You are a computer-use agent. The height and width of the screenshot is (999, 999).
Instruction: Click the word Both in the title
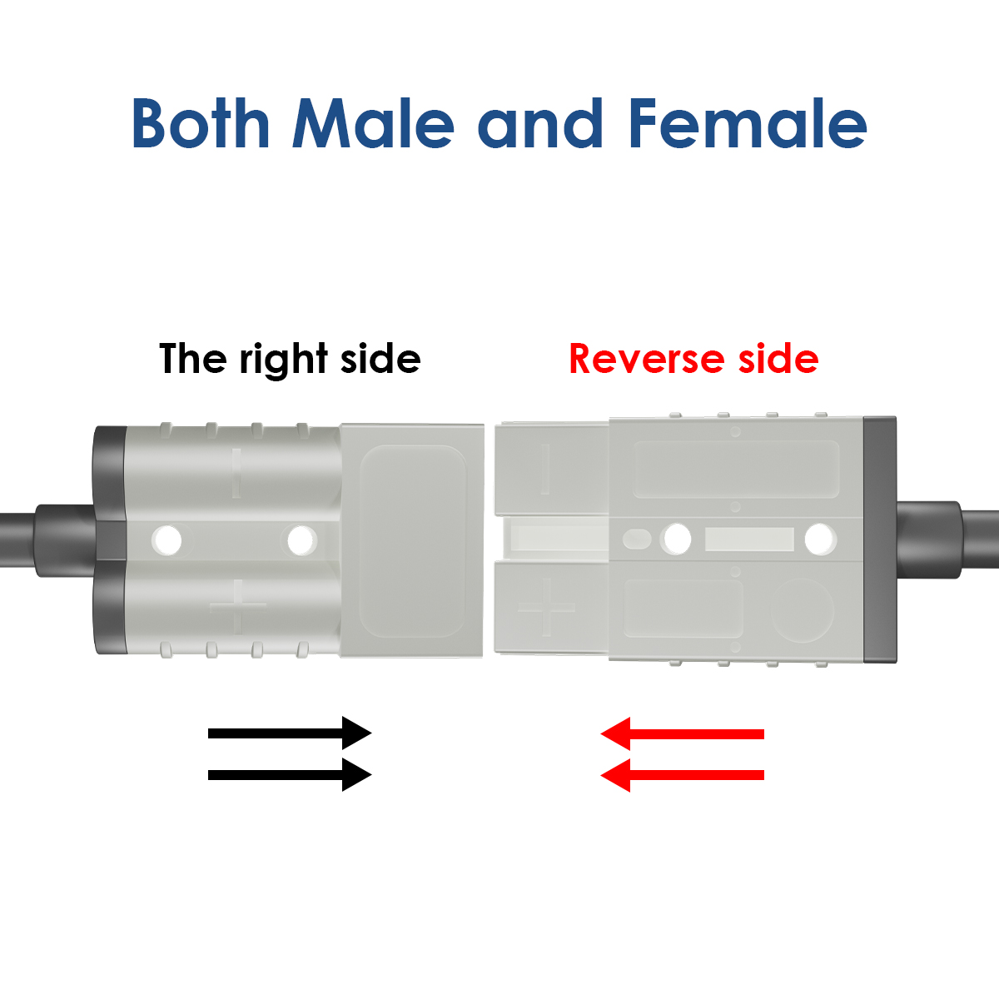tap(201, 123)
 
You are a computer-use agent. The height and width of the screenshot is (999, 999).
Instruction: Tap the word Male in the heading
tap(373, 123)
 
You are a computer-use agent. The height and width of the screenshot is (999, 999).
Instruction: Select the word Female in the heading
tap(747, 123)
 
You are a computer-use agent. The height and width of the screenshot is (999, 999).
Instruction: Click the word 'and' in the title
tap(540, 123)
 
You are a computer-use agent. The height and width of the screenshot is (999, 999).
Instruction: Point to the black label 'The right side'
tap(290, 359)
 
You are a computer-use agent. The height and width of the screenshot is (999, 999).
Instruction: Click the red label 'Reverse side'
tap(693, 359)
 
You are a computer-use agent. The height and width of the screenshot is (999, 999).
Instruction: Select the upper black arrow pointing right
tap(290, 733)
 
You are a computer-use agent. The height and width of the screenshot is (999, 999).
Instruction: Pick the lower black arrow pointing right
tap(290, 775)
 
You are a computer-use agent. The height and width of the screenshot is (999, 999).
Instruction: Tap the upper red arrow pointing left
tap(683, 733)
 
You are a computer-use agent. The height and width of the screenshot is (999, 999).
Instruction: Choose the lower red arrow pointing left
tap(683, 775)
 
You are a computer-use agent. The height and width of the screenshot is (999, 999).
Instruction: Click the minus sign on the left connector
tap(236, 473)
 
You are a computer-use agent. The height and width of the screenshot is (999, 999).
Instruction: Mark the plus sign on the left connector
tap(237, 607)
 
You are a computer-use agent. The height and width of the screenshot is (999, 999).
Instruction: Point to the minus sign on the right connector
tap(544, 469)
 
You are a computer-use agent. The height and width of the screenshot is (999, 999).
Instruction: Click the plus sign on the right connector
tap(546, 608)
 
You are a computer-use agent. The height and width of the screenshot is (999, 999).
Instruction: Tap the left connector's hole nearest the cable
tap(166, 539)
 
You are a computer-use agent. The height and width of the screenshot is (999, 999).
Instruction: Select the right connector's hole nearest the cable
tap(820, 539)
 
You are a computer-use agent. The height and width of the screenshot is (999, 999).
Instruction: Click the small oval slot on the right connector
tap(637, 539)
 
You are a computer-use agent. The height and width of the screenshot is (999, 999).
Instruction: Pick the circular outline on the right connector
tap(802, 610)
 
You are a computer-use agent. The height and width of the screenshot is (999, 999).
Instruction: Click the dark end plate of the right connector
tap(880, 539)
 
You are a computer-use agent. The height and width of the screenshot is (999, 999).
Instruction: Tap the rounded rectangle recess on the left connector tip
tap(413, 541)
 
